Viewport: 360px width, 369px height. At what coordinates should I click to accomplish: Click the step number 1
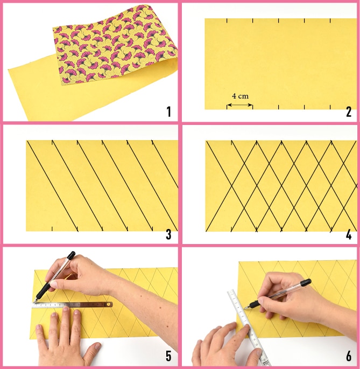pyautogui.click(x=168, y=112)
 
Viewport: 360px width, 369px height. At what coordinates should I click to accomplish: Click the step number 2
pyautogui.click(x=349, y=112)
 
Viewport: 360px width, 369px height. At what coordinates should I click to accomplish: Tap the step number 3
pyautogui.click(x=168, y=234)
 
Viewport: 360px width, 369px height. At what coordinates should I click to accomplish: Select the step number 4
pyautogui.click(x=349, y=234)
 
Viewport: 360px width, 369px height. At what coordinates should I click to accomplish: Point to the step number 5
pyautogui.click(x=168, y=356)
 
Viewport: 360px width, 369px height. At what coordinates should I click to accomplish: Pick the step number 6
pyautogui.click(x=349, y=356)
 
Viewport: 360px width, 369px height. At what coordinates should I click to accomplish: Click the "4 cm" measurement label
pyautogui.click(x=240, y=96)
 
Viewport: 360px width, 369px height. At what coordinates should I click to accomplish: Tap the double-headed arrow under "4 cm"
pyautogui.click(x=239, y=105)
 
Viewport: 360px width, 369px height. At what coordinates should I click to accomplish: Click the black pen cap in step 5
pyautogui.click(x=71, y=255)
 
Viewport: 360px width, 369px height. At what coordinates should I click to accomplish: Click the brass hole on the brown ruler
pyautogui.click(x=108, y=304)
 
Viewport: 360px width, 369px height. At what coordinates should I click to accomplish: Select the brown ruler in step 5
pyautogui.click(x=72, y=305)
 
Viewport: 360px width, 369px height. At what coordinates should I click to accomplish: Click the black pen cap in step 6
pyautogui.click(x=306, y=282)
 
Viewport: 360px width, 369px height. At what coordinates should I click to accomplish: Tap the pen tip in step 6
pyautogui.click(x=245, y=308)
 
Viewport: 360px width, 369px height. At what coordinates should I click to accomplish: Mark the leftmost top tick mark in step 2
pyautogui.click(x=227, y=21)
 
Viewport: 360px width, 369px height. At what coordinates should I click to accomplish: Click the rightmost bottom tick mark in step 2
pyautogui.click(x=330, y=107)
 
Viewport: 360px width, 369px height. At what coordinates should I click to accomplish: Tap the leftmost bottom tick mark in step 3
pyautogui.click(x=52, y=229)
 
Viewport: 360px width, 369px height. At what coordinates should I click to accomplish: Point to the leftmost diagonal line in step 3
pyautogui.click(x=52, y=186)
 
